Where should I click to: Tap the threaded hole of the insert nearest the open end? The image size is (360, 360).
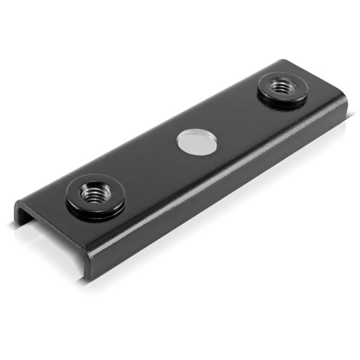coord(96,193)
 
